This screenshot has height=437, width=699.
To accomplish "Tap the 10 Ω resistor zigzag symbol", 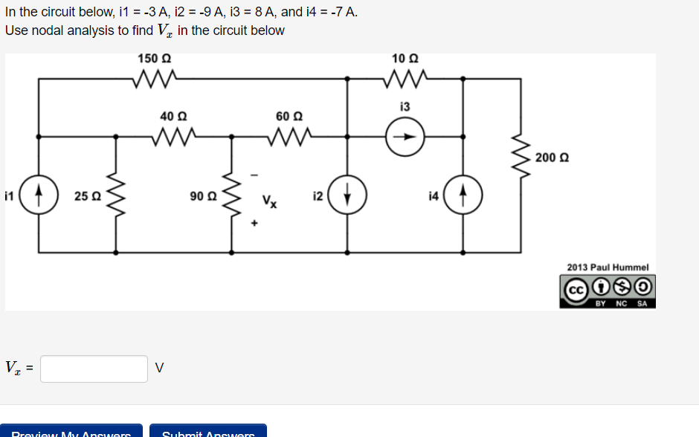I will point(405,77).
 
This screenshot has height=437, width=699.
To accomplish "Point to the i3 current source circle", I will point(405,137).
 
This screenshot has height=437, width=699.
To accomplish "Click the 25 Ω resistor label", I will point(88,196).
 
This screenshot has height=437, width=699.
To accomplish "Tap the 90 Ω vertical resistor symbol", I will point(231,196).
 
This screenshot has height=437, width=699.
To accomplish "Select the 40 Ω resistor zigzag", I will point(174,137).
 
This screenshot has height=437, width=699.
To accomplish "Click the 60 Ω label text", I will point(289,116).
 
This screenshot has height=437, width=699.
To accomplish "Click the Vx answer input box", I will point(94,369).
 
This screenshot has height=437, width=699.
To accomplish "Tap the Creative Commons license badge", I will point(608,291).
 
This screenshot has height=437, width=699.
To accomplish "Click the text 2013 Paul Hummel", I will point(608,267).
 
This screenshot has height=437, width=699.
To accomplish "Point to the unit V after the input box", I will point(160,369).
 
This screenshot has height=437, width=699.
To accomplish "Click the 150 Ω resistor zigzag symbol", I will point(155,77).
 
